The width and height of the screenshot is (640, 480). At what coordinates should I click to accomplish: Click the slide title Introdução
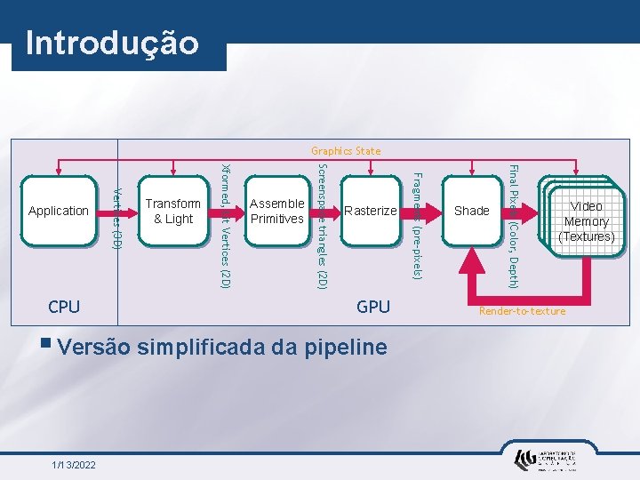(x=113, y=43)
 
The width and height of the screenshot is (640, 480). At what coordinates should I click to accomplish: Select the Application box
(x=59, y=211)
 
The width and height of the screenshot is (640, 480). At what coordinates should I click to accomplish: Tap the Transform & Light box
(x=172, y=211)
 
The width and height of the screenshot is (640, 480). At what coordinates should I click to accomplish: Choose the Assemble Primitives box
(x=277, y=211)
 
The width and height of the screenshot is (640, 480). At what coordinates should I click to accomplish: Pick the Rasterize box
(x=370, y=211)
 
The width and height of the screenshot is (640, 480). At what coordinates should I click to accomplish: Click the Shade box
(x=471, y=211)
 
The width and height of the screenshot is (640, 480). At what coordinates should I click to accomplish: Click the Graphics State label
(x=346, y=151)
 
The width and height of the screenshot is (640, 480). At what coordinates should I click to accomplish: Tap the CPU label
(x=64, y=307)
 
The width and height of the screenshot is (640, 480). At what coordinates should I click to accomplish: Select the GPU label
(x=373, y=307)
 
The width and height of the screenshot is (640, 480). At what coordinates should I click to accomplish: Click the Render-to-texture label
(x=522, y=311)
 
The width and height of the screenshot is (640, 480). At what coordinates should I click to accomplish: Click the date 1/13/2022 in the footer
(x=74, y=465)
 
